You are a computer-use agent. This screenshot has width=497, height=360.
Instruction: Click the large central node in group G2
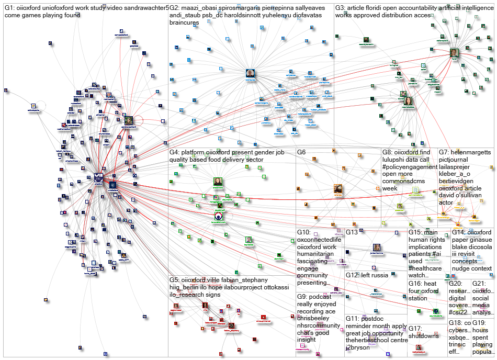[251, 74]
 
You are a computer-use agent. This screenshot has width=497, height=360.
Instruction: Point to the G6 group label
[301, 152]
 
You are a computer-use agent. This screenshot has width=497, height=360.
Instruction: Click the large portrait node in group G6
[338, 189]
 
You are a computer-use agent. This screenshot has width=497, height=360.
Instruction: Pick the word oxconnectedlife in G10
[318, 240]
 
